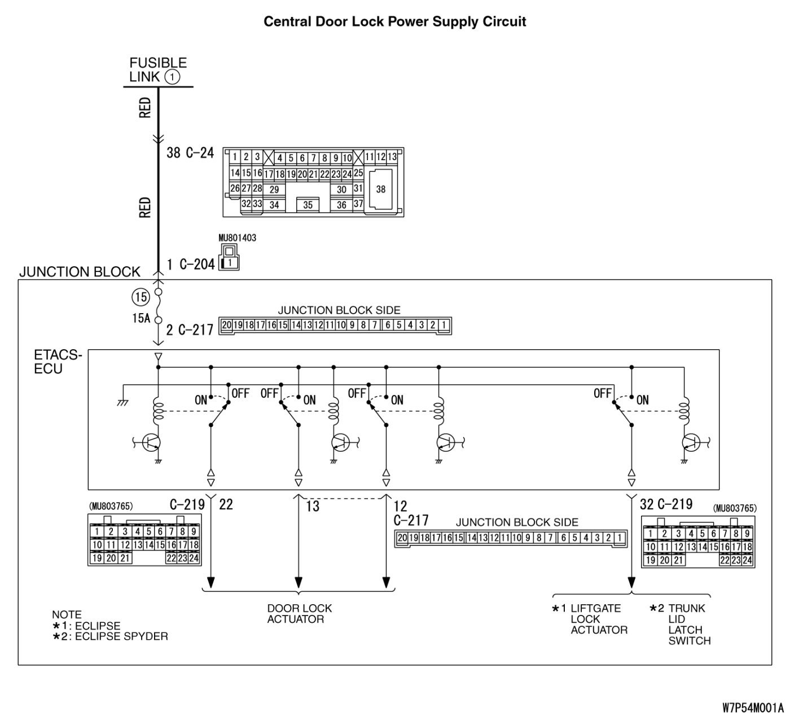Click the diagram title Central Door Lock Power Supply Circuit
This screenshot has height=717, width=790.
pyautogui.click(x=395, y=22)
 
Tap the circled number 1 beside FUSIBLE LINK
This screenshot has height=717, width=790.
pyautogui.click(x=172, y=77)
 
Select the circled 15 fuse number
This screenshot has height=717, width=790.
pyautogui.click(x=141, y=297)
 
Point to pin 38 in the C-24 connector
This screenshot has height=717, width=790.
pyautogui.click(x=381, y=190)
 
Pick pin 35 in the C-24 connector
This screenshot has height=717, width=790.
pyautogui.click(x=308, y=205)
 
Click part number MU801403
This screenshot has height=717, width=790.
pyautogui.click(x=237, y=238)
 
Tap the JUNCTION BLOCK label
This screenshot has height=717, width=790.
pyautogui.click(x=80, y=272)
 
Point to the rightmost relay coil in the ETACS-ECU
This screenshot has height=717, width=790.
pyautogui.click(x=684, y=410)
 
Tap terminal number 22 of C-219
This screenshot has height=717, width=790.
pyautogui.click(x=226, y=504)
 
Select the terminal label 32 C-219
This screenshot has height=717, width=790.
pyautogui.click(x=666, y=504)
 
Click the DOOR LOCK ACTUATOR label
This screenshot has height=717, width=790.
pyautogui.click(x=299, y=614)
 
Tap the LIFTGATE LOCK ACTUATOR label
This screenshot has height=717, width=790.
pyautogui.click(x=598, y=619)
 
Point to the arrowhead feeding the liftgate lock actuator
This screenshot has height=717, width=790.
pyautogui.click(x=631, y=582)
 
